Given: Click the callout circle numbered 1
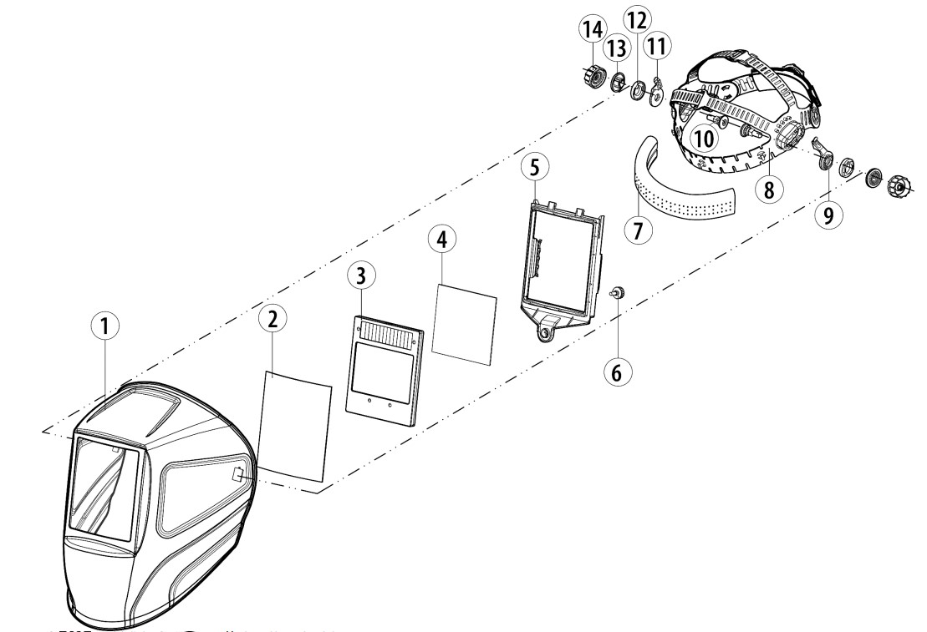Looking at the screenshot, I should tap(104, 328).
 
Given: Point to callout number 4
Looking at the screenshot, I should tap(441, 239).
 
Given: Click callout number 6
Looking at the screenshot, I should tap(616, 372).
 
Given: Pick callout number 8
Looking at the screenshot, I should tap(767, 190).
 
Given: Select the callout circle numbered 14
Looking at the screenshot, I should tap(593, 31).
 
